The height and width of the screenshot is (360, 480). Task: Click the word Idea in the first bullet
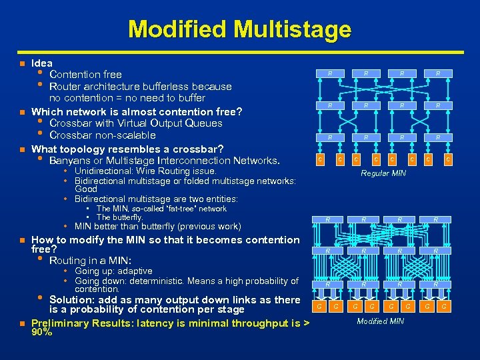coord(43,63)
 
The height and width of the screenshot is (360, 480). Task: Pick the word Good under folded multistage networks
coord(87,189)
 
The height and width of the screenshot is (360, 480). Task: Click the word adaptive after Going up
coord(136,271)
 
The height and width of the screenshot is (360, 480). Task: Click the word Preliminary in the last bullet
coord(61,323)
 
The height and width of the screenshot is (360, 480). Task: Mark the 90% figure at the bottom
coord(41,332)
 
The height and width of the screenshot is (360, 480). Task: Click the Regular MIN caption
coord(383,173)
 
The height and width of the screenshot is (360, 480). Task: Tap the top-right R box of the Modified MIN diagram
coord(436,219)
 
